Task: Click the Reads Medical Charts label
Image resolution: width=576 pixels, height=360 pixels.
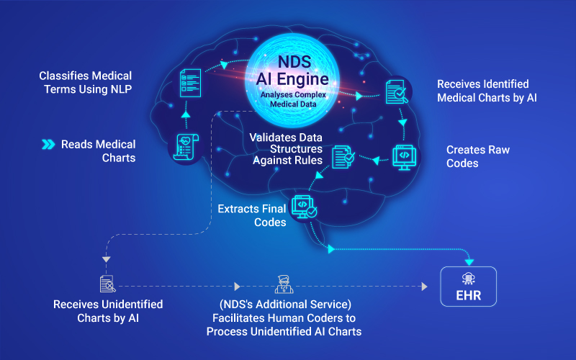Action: [x=98, y=150]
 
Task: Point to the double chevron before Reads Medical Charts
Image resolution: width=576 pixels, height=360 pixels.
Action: [x=48, y=144]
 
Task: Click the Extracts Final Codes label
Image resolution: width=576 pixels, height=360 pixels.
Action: [x=251, y=215]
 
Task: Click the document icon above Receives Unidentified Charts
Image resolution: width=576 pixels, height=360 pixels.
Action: [x=106, y=283]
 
